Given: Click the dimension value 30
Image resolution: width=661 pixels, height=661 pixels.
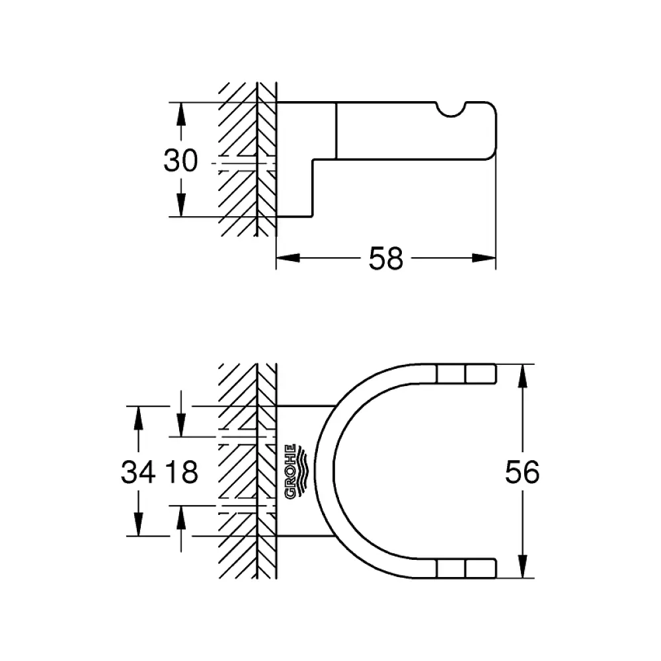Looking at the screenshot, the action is click(x=180, y=161).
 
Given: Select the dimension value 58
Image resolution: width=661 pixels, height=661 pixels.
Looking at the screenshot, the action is click(x=386, y=258).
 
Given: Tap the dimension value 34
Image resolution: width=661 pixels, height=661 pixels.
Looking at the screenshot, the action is click(x=138, y=472).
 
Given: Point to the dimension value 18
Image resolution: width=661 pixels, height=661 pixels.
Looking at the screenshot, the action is click(x=182, y=472).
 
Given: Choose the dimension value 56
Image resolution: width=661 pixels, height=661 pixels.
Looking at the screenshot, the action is click(x=522, y=472).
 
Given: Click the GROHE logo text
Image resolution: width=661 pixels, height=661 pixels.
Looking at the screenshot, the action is click(x=290, y=471).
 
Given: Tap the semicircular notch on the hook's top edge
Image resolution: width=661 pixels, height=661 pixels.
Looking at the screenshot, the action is click(x=451, y=110).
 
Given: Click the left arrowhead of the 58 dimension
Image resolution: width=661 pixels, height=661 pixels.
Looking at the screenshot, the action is click(x=288, y=258).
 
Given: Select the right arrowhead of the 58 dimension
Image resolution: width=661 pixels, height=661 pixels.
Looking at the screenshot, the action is click(x=484, y=258).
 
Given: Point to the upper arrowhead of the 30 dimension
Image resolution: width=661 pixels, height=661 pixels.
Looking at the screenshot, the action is click(x=181, y=114).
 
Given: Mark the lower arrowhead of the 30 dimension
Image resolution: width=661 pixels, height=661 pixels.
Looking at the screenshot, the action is click(x=181, y=205).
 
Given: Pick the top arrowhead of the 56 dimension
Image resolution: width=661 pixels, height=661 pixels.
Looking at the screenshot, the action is click(x=523, y=375).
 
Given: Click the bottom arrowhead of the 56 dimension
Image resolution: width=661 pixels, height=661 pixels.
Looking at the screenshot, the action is click(x=523, y=566).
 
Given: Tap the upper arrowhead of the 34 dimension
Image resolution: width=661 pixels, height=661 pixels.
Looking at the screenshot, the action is click(x=138, y=418).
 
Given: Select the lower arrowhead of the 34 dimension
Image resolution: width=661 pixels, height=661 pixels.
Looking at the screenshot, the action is click(x=138, y=524).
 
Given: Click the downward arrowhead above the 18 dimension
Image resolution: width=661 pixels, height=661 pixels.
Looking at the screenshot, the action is click(x=181, y=425).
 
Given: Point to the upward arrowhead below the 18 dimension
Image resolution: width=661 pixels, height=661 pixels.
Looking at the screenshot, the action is click(x=181, y=518).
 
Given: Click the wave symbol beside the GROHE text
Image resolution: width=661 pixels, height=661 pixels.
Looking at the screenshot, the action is click(x=303, y=471).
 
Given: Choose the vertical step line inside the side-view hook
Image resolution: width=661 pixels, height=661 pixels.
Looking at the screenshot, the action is click(x=336, y=131).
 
